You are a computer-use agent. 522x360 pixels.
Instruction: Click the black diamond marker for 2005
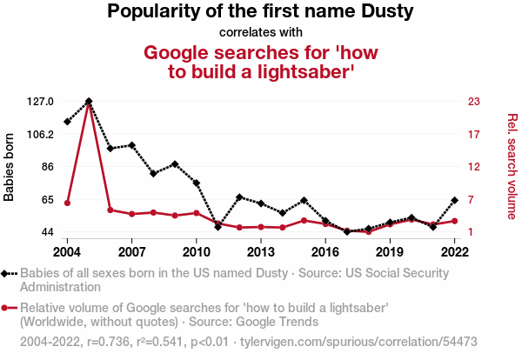pyautogui.click(x=89, y=101)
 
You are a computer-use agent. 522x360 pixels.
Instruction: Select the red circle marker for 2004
pyautogui.click(x=67, y=203)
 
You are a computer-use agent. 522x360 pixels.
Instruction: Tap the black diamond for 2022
pyautogui.click(x=454, y=200)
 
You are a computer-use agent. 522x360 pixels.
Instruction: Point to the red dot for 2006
pyautogui.click(x=110, y=210)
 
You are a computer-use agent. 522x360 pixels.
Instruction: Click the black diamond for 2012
pyautogui.click(x=239, y=197)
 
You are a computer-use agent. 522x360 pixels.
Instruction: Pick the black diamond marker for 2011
pyautogui.click(x=218, y=227)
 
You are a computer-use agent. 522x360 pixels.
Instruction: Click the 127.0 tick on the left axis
pyautogui.click(x=40, y=102)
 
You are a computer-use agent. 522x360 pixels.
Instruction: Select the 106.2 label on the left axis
pyautogui.click(x=40, y=135)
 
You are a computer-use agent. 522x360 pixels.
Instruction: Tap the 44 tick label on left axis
pyautogui.click(x=48, y=232)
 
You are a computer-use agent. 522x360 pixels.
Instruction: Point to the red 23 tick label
pyautogui.click(x=474, y=102)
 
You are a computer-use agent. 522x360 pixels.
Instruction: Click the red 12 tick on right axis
pyautogui.click(x=474, y=167)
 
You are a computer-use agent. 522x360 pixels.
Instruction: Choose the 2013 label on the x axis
pyautogui.click(x=261, y=252)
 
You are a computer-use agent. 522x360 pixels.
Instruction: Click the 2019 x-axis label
pyautogui.click(x=390, y=252)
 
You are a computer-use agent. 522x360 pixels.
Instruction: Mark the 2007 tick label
pyautogui.click(x=132, y=252)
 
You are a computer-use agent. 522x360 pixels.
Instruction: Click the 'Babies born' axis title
pyautogui.click(x=9, y=167)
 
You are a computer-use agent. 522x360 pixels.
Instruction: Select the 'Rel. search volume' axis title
pyautogui.click(x=512, y=166)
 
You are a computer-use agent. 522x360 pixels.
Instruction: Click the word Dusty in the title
pyautogui.click(x=387, y=11)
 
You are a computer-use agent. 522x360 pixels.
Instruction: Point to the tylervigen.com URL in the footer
pyautogui.click(x=358, y=342)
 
